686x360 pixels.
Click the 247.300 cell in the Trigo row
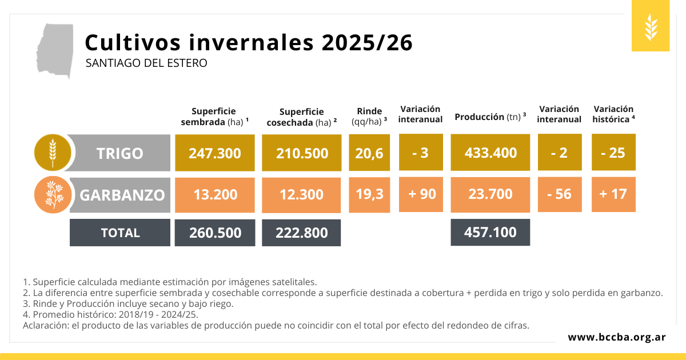click(x=215, y=153)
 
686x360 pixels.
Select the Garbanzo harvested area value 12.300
click(x=301, y=195)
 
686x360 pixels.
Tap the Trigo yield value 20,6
click(x=369, y=153)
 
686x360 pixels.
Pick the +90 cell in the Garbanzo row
click(x=421, y=194)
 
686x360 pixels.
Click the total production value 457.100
click(x=490, y=233)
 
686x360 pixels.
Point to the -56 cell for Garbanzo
click(x=560, y=194)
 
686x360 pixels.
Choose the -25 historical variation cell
click(x=613, y=152)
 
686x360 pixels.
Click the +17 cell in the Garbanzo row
click(x=613, y=194)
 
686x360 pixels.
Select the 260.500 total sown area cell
click(x=215, y=233)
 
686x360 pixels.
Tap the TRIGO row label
click(x=119, y=153)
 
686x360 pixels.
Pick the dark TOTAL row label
click(x=120, y=233)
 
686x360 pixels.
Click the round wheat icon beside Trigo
click(x=53, y=153)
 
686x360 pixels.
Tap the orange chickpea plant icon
click(x=53, y=195)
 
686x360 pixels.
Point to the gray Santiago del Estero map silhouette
click(x=55, y=50)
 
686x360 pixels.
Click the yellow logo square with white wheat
click(x=651, y=26)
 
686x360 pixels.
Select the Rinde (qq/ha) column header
click(x=369, y=117)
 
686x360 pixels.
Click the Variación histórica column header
click(x=613, y=114)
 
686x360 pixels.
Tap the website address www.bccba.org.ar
click(x=617, y=337)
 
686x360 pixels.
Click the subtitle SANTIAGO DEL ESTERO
click(x=146, y=63)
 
